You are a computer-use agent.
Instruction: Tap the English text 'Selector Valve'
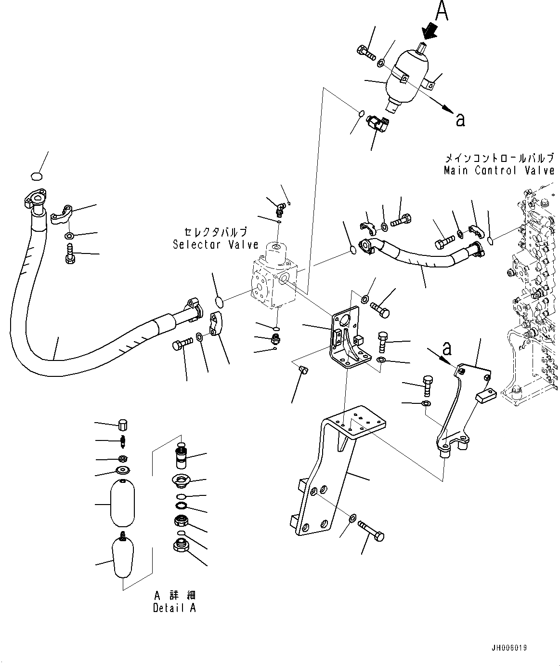[x=216, y=244]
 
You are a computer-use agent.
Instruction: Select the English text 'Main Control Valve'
[x=499, y=170]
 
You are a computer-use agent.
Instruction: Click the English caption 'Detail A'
[x=174, y=608]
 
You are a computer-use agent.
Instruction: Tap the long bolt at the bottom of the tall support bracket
[x=371, y=531]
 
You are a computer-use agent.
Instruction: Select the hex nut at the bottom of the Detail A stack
[x=182, y=546]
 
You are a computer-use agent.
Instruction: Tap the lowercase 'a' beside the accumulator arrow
[x=460, y=120]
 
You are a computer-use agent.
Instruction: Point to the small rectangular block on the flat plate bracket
[x=485, y=396]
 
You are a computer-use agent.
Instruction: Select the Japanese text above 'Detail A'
[x=174, y=596]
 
